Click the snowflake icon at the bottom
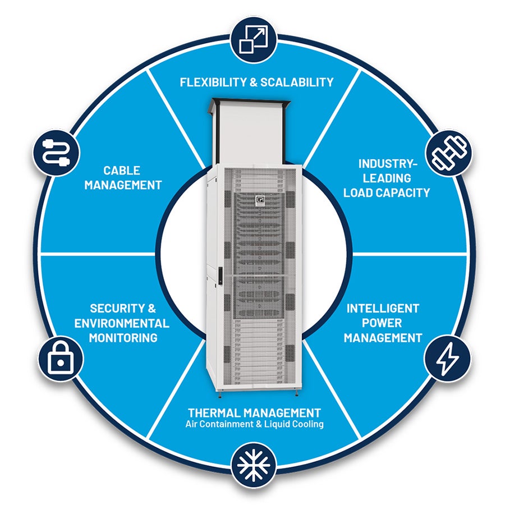click(253, 465)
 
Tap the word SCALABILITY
click(297, 82)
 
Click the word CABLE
click(121, 170)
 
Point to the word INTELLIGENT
click(382, 309)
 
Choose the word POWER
click(382, 323)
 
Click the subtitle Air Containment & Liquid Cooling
click(254, 424)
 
